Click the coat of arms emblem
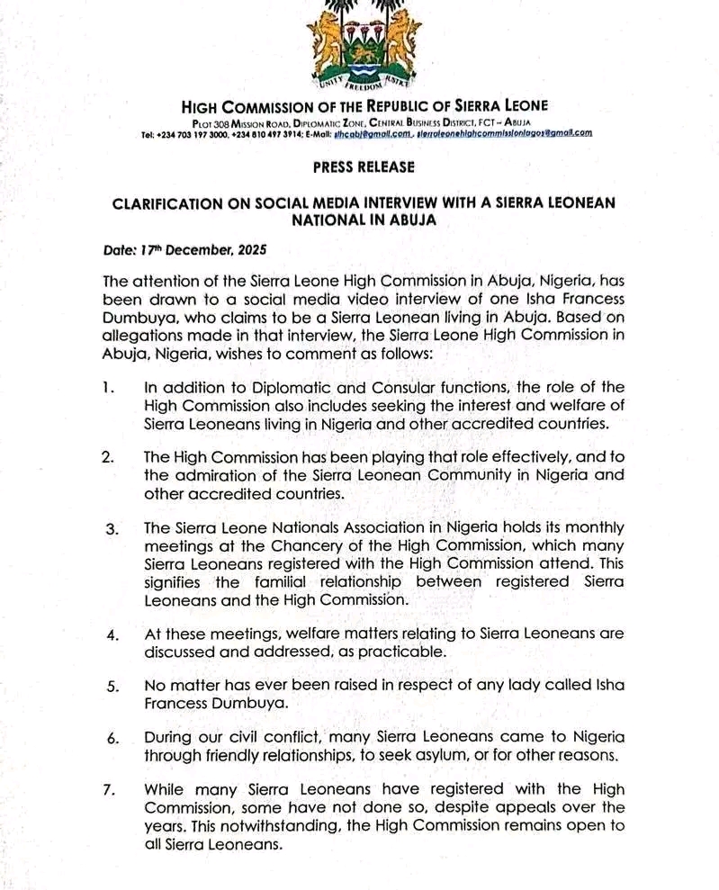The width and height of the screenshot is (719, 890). coord(360,45)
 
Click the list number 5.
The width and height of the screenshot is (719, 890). coord(112,687)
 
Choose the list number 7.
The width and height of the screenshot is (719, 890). coord(109,790)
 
